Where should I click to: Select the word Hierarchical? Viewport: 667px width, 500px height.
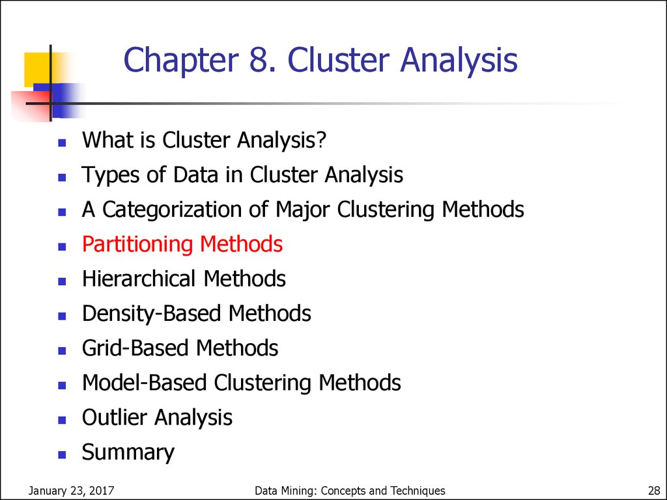pyautogui.click(x=139, y=279)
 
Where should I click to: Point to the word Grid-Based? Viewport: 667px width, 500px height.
pyautogui.click(x=135, y=348)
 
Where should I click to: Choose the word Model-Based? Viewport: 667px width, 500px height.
pyautogui.click(x=144, y=382)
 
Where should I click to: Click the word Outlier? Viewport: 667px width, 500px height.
pyautogui.click(x=115, y=417)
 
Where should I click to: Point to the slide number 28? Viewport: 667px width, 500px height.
pyautogui.click(x=654, y=491)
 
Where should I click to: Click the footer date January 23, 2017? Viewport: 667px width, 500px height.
pyautogui.click(x=71, y=491)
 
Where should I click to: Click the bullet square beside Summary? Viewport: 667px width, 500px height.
pyautogui.click(x=62, y=454)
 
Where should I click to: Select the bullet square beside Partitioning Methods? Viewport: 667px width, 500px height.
pyautogui.click(x=62, y=247)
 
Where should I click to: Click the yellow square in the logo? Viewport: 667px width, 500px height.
pyautogui.click(x=37, y=68)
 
